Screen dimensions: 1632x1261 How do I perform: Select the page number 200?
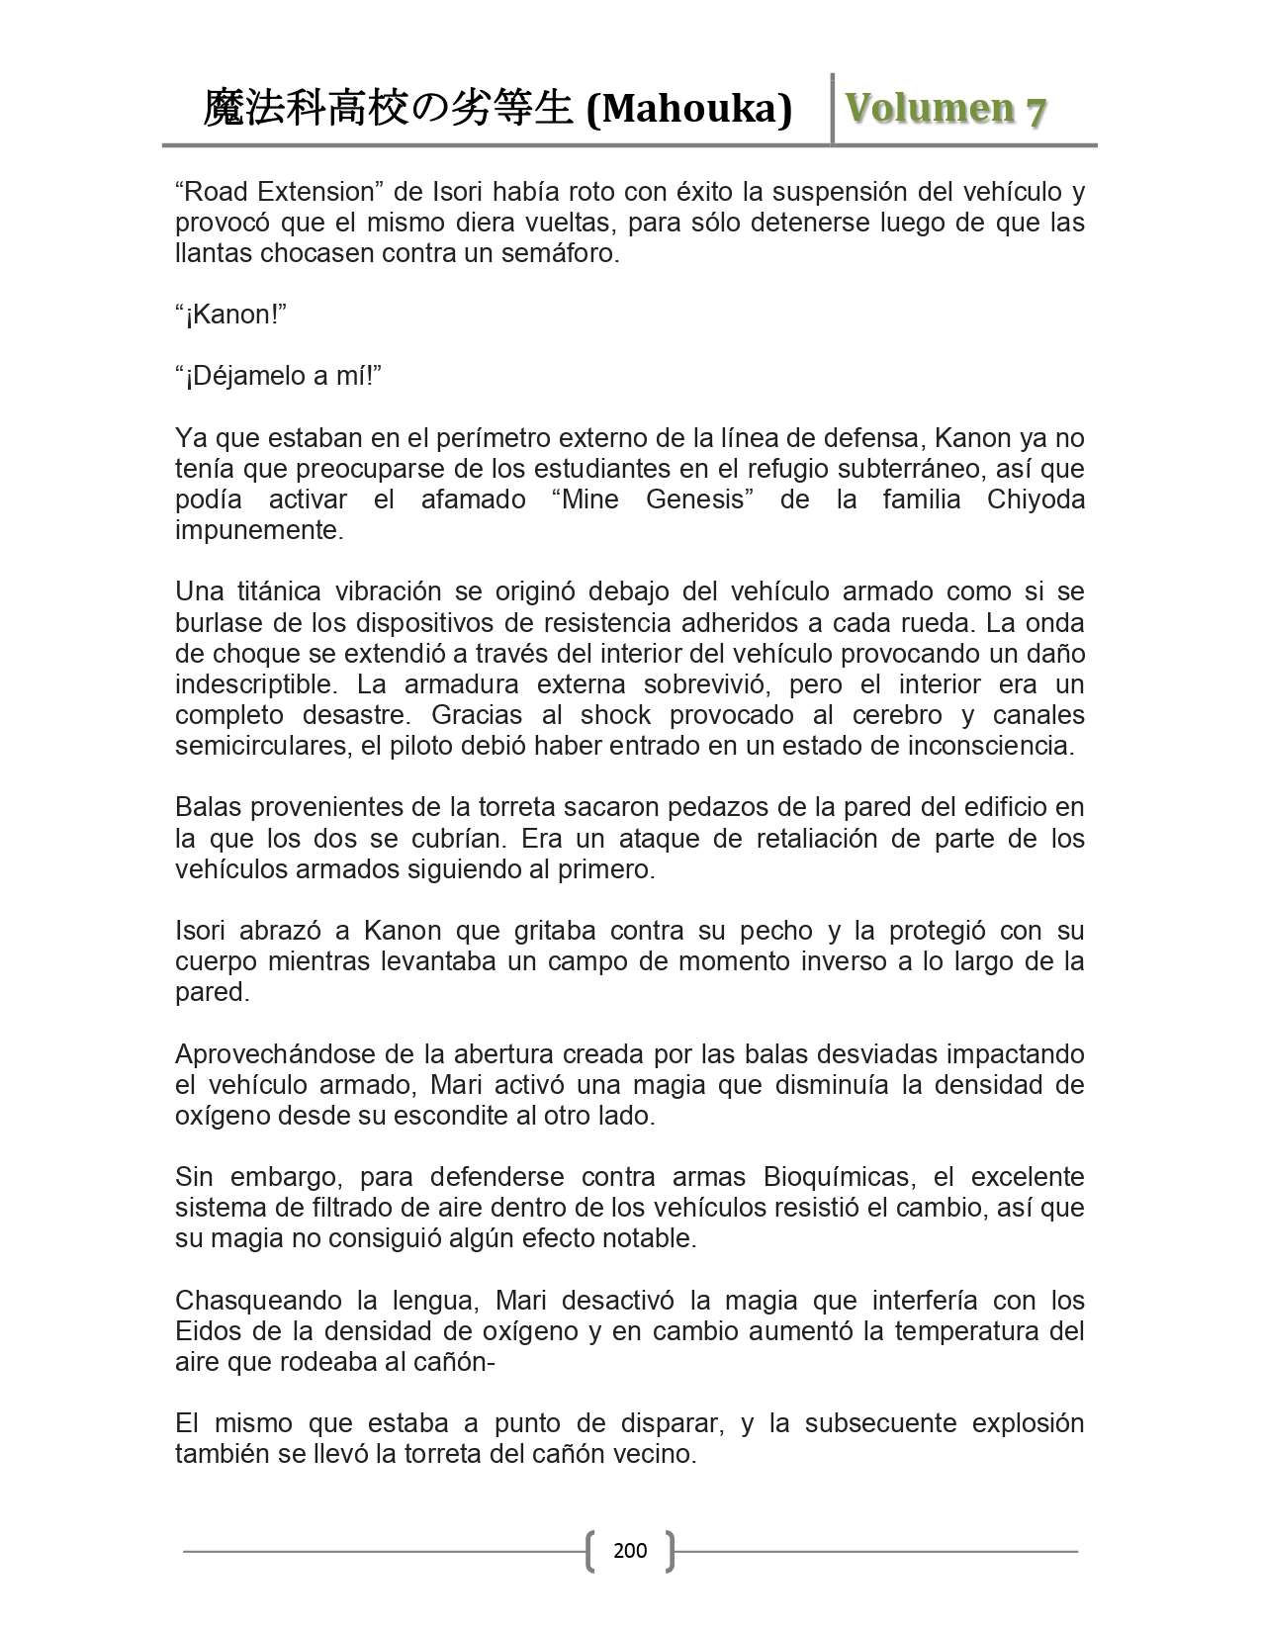coord(630,1550)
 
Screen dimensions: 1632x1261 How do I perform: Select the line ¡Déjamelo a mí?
coord(278,376)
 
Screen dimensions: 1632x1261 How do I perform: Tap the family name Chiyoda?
coord(1035,499)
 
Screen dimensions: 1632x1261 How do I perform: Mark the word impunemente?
coord(259,530)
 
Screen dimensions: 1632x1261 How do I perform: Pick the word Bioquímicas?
coord(837,1177)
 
